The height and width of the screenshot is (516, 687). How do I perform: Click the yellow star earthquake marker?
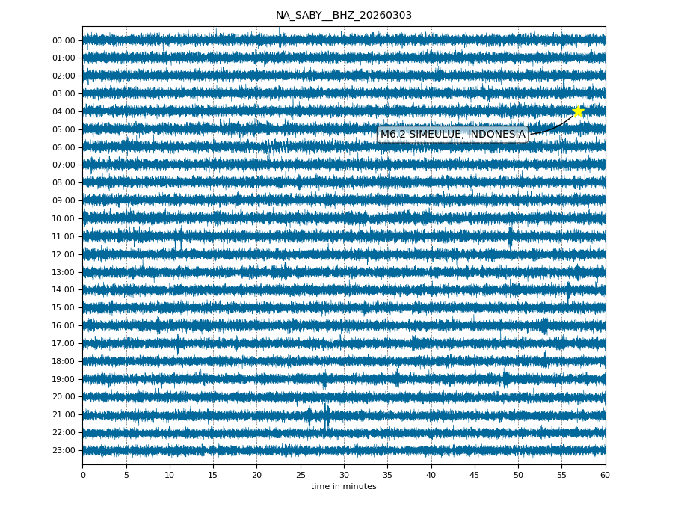click(578, 111)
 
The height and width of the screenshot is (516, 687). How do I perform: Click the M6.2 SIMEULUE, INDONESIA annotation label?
click(452, 135)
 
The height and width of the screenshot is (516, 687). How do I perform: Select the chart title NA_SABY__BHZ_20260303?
click(343, 15)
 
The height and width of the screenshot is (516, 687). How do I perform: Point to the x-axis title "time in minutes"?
click(343, 487)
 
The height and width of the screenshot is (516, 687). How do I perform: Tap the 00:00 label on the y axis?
click(64, 40)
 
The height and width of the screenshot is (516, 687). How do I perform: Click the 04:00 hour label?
click(64, 111)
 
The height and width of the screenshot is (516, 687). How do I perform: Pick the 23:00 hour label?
click(64, 450)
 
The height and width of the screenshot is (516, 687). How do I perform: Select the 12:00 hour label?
click(64, 254)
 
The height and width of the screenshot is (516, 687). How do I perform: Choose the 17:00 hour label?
click(64, 343)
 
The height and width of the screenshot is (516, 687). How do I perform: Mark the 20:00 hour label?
click(64, 397)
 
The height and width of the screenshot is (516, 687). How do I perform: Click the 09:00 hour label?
click(64, 200)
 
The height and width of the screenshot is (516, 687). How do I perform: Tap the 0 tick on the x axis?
click(83, 475)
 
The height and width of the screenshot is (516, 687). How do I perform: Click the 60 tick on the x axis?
click(605, 475)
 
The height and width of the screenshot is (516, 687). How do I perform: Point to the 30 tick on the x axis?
click(344, 475)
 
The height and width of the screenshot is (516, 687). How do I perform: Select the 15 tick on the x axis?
click(213, 475)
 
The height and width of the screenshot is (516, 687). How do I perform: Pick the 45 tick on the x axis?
click(475, 475)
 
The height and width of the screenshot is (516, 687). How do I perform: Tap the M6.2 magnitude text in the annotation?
click(393, 135)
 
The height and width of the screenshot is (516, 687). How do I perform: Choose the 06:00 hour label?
click(64, 147)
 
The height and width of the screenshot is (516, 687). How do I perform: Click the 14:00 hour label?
click(64, 289)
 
